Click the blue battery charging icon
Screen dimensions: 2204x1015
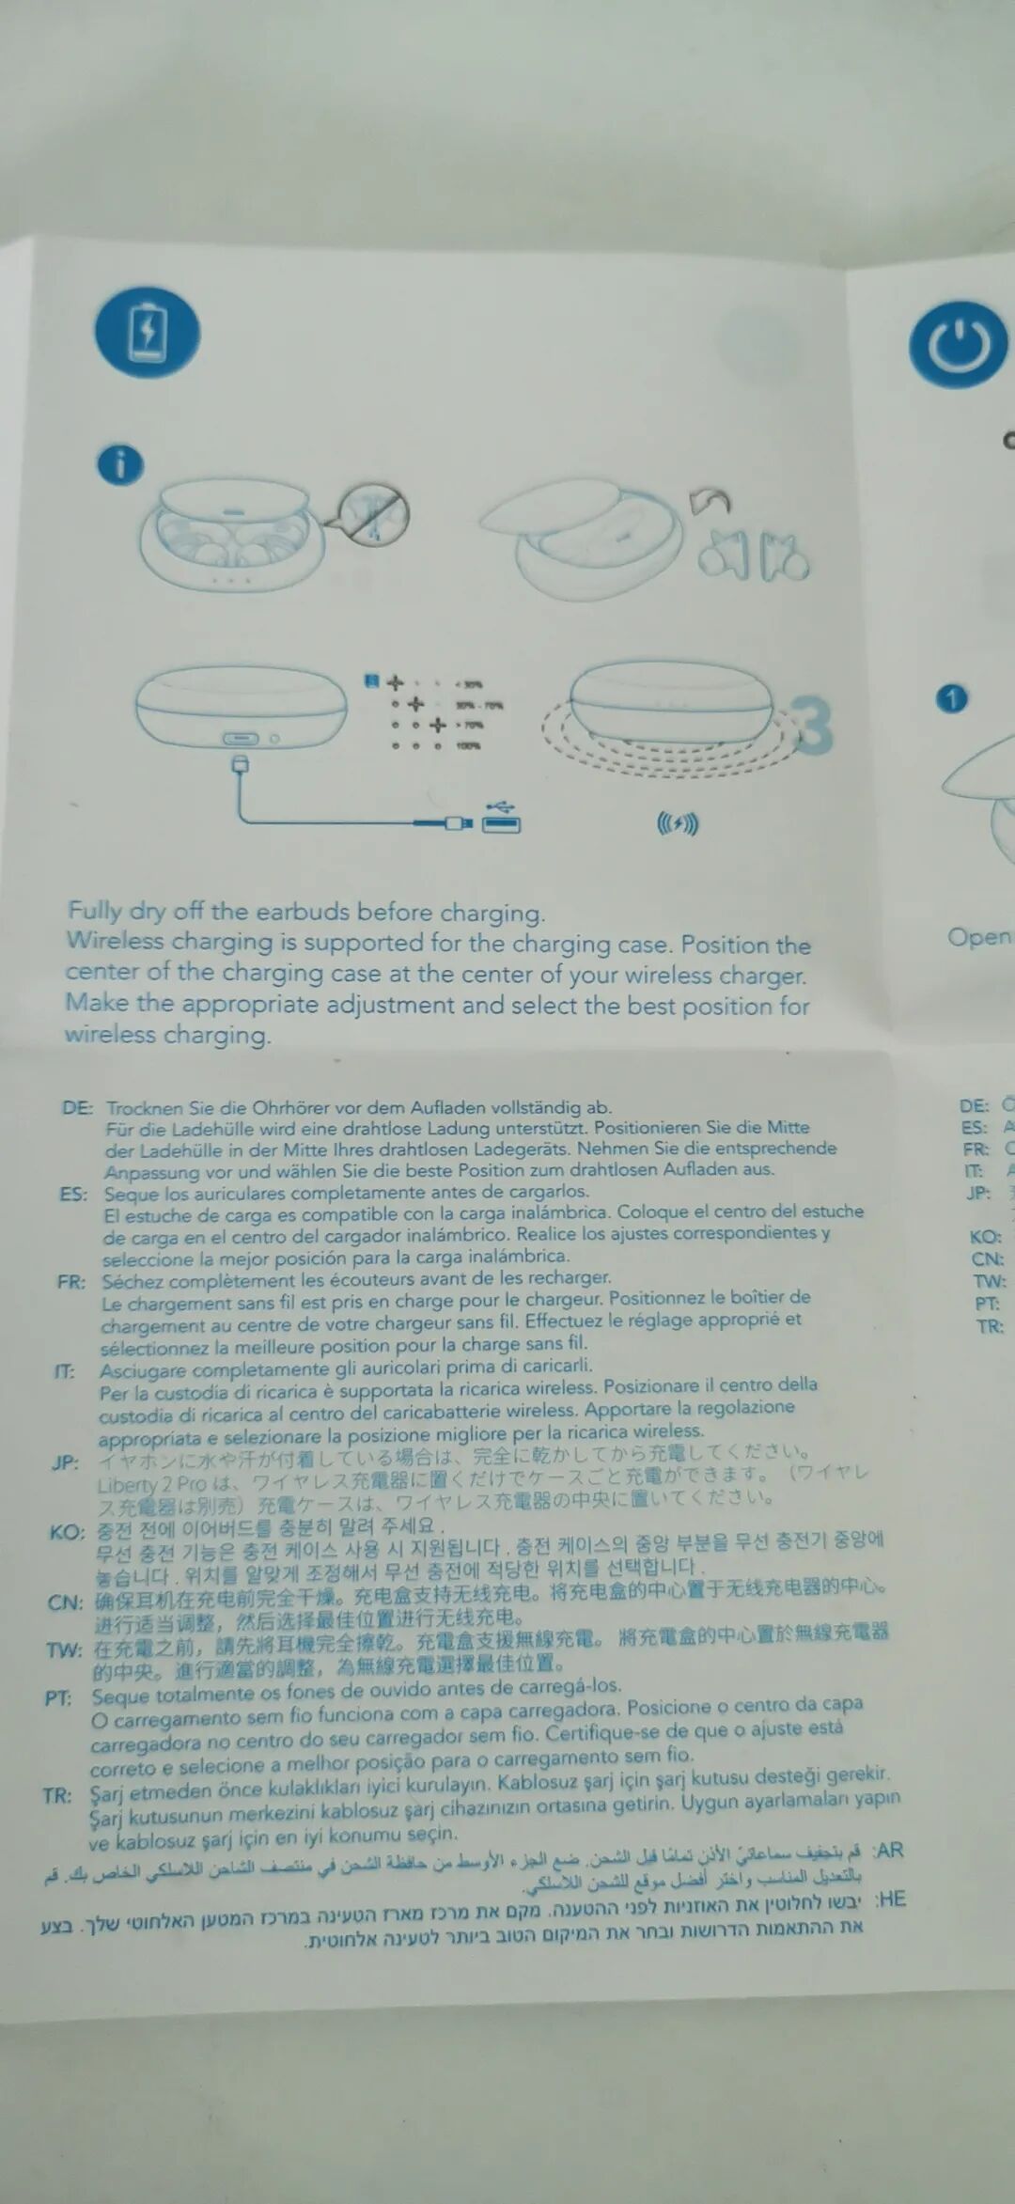coord(148,333)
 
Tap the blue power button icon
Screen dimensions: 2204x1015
coord(958,344)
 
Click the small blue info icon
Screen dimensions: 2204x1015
coord(120,464)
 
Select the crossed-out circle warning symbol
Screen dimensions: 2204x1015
coord(374,515)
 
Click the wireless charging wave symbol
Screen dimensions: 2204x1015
coord(677,825)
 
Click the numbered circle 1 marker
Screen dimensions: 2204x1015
coord(952,699)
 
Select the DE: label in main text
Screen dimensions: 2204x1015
coord(77,1107)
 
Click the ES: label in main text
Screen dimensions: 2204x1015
coord(73,1195)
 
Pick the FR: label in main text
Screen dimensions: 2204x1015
coord(71,1282)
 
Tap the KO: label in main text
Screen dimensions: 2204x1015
coord(67,1533)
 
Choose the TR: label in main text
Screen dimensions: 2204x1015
coord(57,1796)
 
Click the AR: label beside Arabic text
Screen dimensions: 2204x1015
coord(888,1851)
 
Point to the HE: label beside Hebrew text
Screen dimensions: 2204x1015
coord(890,1899)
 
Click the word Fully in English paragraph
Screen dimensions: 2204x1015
coord(94,910)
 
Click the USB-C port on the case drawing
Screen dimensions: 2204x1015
coord(241,739)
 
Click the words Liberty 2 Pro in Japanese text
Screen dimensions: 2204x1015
coord(151,1485)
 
